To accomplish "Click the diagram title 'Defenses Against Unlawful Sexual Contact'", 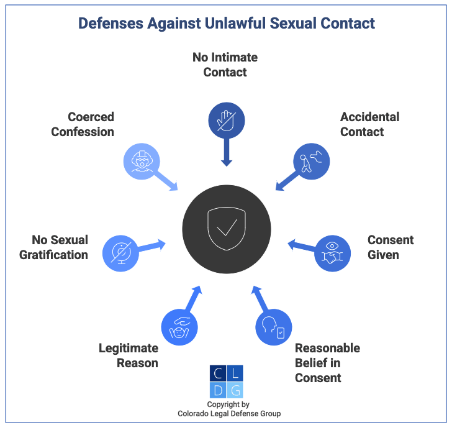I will [226, 24].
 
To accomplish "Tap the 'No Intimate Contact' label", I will [225, 65].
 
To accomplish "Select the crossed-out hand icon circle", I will [226, 120].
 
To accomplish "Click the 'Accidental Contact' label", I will [369, 124].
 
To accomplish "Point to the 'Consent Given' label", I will [391, 247].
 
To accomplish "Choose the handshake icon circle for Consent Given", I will [333, 253].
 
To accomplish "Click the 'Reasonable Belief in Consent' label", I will [327, 363].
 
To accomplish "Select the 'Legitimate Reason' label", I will [129, 355].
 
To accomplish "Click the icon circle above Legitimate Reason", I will [179, 326].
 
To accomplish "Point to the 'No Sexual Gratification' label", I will [54, 247].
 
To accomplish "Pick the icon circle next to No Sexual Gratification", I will [120, 253].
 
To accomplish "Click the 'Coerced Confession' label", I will [83, 124].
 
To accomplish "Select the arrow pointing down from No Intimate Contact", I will [227, 152].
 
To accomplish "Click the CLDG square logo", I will [227, 382].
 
